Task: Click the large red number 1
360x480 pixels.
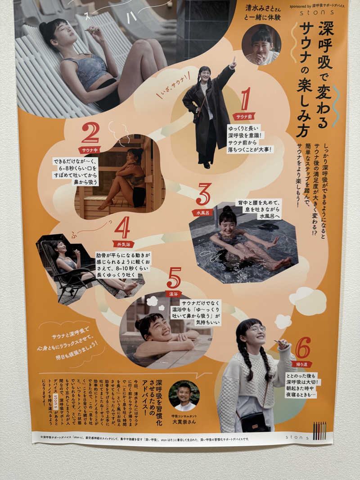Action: point(245,99)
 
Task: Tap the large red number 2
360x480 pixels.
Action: point(90,133)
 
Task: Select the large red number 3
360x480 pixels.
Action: point(203,194)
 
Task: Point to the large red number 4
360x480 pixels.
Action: point(122,228)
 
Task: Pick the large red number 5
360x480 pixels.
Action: point(174,278)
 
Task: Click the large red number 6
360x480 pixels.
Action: point(302,347)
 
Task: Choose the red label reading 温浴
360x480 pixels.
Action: point(173,294)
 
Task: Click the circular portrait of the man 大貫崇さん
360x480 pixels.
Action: point(184,395)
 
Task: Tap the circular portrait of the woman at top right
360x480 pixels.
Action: point(261,45)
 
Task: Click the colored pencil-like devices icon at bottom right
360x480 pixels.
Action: point(319,431)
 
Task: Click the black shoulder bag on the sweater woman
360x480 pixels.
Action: point(255,422)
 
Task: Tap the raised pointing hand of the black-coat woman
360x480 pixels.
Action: point(233,63)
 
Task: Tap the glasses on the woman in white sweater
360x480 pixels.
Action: point(257,328)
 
